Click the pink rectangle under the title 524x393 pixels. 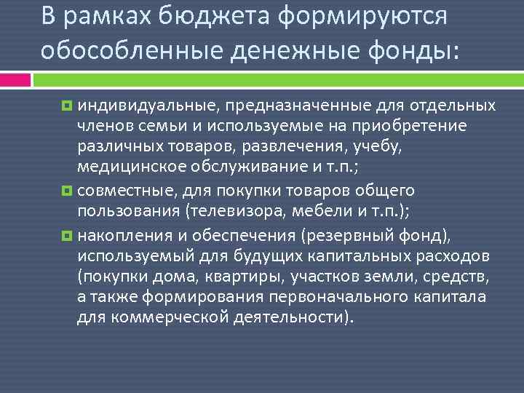(x=15, y=79)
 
